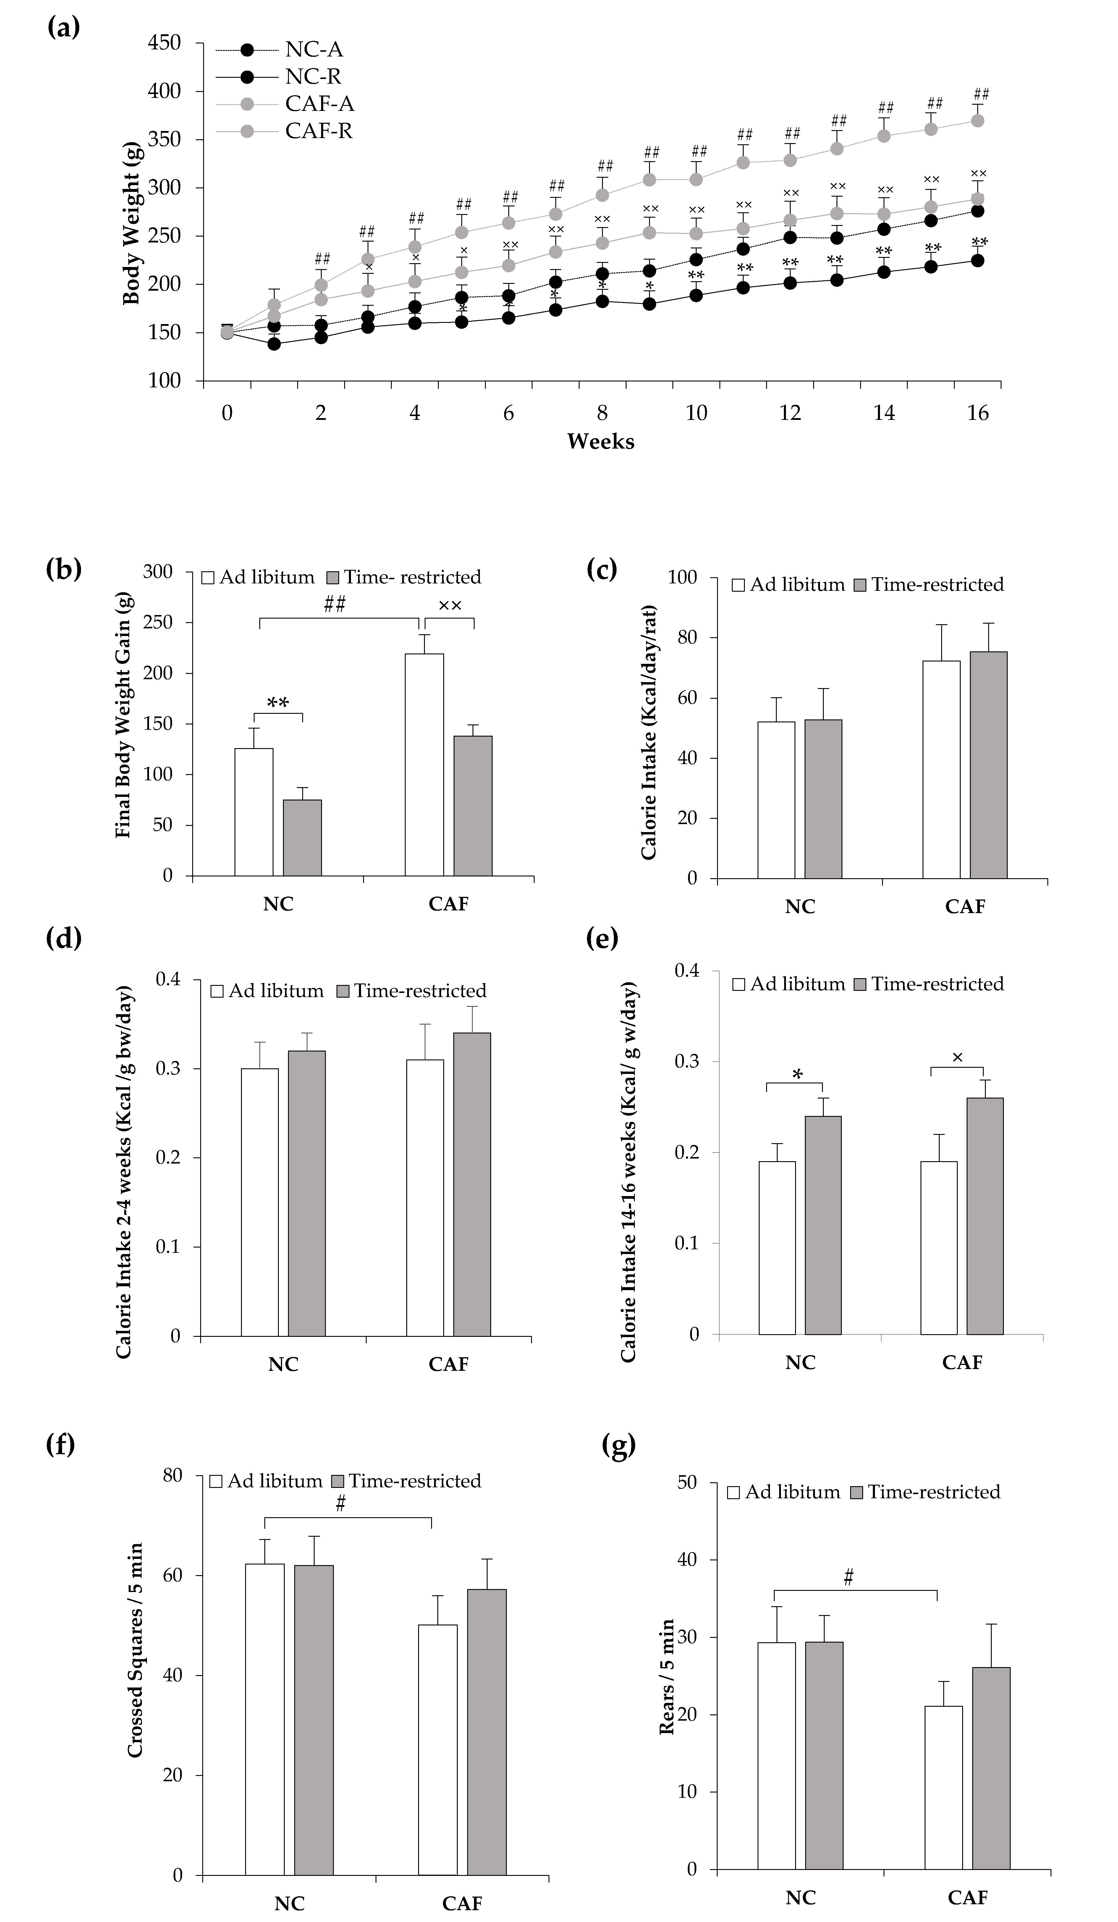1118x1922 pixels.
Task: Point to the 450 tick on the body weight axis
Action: coord(165,43)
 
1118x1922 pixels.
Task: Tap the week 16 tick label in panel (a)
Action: coord(978,413)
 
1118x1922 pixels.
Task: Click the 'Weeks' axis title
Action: coord(600,441)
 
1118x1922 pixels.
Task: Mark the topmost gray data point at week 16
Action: coord(977,121)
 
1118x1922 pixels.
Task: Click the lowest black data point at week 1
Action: coord(274,344)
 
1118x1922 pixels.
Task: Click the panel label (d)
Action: coord(64,938)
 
